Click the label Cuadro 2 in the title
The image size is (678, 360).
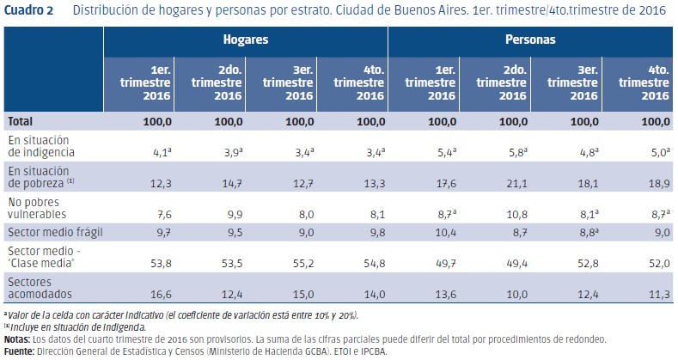[x=31, y=10]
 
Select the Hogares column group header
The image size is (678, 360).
[x=246, y=40]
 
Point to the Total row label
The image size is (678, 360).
[x=21, y=122]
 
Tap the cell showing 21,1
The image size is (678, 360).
[x=513, y=182]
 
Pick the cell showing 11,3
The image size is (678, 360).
[x=655, y=295]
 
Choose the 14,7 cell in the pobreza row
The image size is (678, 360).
[x=229, y=182]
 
